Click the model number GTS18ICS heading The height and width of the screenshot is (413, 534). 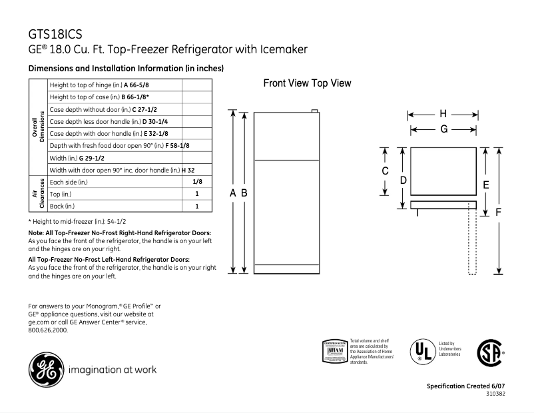57,33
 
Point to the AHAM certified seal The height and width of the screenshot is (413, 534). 334,351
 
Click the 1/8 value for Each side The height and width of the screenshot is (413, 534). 197,181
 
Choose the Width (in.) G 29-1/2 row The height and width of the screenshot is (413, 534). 77,157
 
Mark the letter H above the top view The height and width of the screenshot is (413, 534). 443,114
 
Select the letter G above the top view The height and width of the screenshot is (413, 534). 443,129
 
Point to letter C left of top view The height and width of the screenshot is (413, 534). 385,171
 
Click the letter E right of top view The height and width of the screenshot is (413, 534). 486,185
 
